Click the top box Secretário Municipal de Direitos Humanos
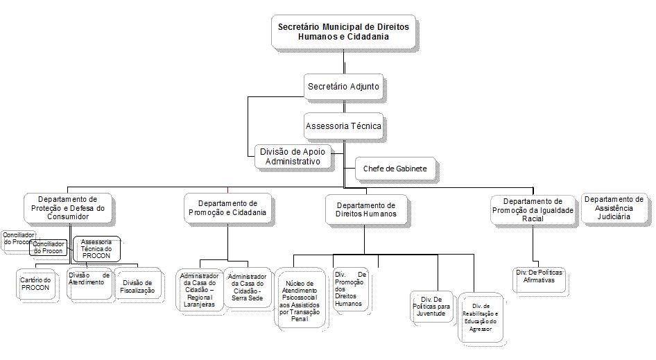(x=343, y=31)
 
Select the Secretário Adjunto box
(x=344, y=88)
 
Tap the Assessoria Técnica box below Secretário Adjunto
(x=344, y=127)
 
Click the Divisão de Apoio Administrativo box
(x=292, y=156)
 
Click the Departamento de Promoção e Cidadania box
(x=227, y=208)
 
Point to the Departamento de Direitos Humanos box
(x=365, y=209)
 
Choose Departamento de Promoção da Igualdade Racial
(x=533, y=209)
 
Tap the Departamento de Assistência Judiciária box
(x=614, y=207)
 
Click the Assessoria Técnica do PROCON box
(x=96, y=248)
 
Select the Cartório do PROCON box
(x=36, y=284)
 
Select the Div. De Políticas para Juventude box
(x=431, y=305)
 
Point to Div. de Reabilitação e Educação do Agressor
(x=481, y=316)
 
